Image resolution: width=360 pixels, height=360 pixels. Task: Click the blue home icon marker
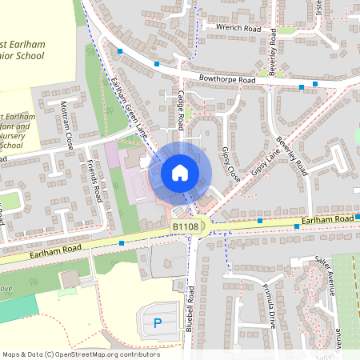click(180, 173)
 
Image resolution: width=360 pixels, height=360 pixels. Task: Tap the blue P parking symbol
click(158, 323)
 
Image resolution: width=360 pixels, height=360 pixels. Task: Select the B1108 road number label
click(185, 228)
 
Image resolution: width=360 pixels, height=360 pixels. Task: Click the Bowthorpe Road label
click(230, 81)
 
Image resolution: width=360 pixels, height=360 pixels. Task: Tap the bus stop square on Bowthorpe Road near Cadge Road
click(157, 63)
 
